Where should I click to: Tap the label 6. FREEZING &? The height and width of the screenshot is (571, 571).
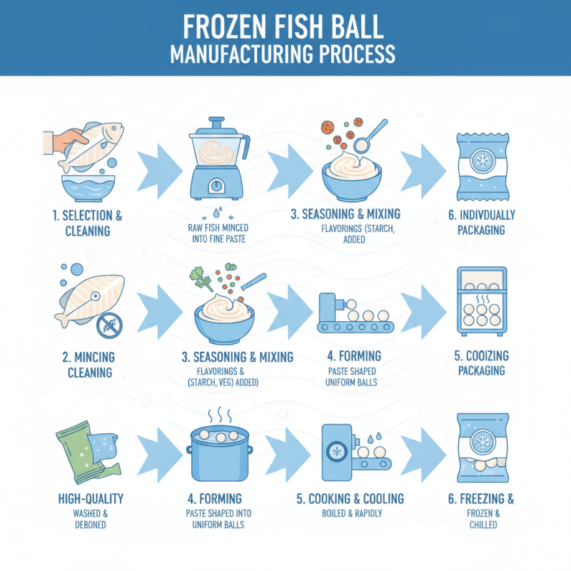482,498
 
